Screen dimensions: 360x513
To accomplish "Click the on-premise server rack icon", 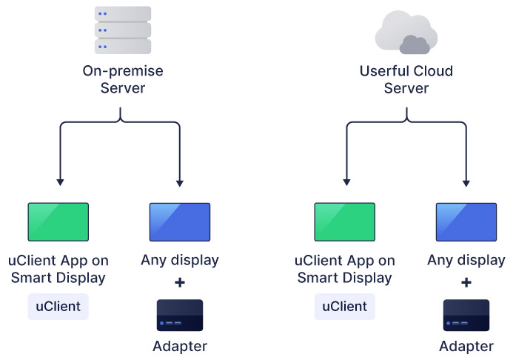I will [123, 30].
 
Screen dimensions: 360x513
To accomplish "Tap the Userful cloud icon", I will [406, 33].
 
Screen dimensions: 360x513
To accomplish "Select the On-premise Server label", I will [122, 80].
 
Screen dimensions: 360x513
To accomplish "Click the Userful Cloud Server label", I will [406, 80].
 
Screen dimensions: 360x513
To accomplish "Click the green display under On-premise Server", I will [58, 222].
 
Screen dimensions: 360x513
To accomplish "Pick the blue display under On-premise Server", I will [180, 222].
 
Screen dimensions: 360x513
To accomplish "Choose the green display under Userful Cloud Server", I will [344, 222].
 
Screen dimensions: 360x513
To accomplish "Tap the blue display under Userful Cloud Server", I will [466, 222].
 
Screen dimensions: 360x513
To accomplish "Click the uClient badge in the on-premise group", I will [58, 307].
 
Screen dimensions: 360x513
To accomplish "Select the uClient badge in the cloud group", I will [344, 307].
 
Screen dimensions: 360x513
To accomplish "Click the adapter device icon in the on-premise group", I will [180, 316].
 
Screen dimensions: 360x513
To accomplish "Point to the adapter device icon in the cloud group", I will [466, 316].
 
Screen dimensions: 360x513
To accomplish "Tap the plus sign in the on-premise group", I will [180, 282].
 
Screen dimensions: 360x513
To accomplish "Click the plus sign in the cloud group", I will [466, 282].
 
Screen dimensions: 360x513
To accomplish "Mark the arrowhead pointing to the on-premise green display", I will [59, 182].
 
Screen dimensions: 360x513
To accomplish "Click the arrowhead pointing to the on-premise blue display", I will [180, 182].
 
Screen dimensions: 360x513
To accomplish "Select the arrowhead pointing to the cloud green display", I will [346, 182].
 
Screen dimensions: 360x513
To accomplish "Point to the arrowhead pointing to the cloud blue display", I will [466, 182].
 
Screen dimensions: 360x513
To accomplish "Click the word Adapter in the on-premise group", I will [180, 346].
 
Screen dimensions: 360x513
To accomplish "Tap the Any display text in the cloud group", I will [466, 260].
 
